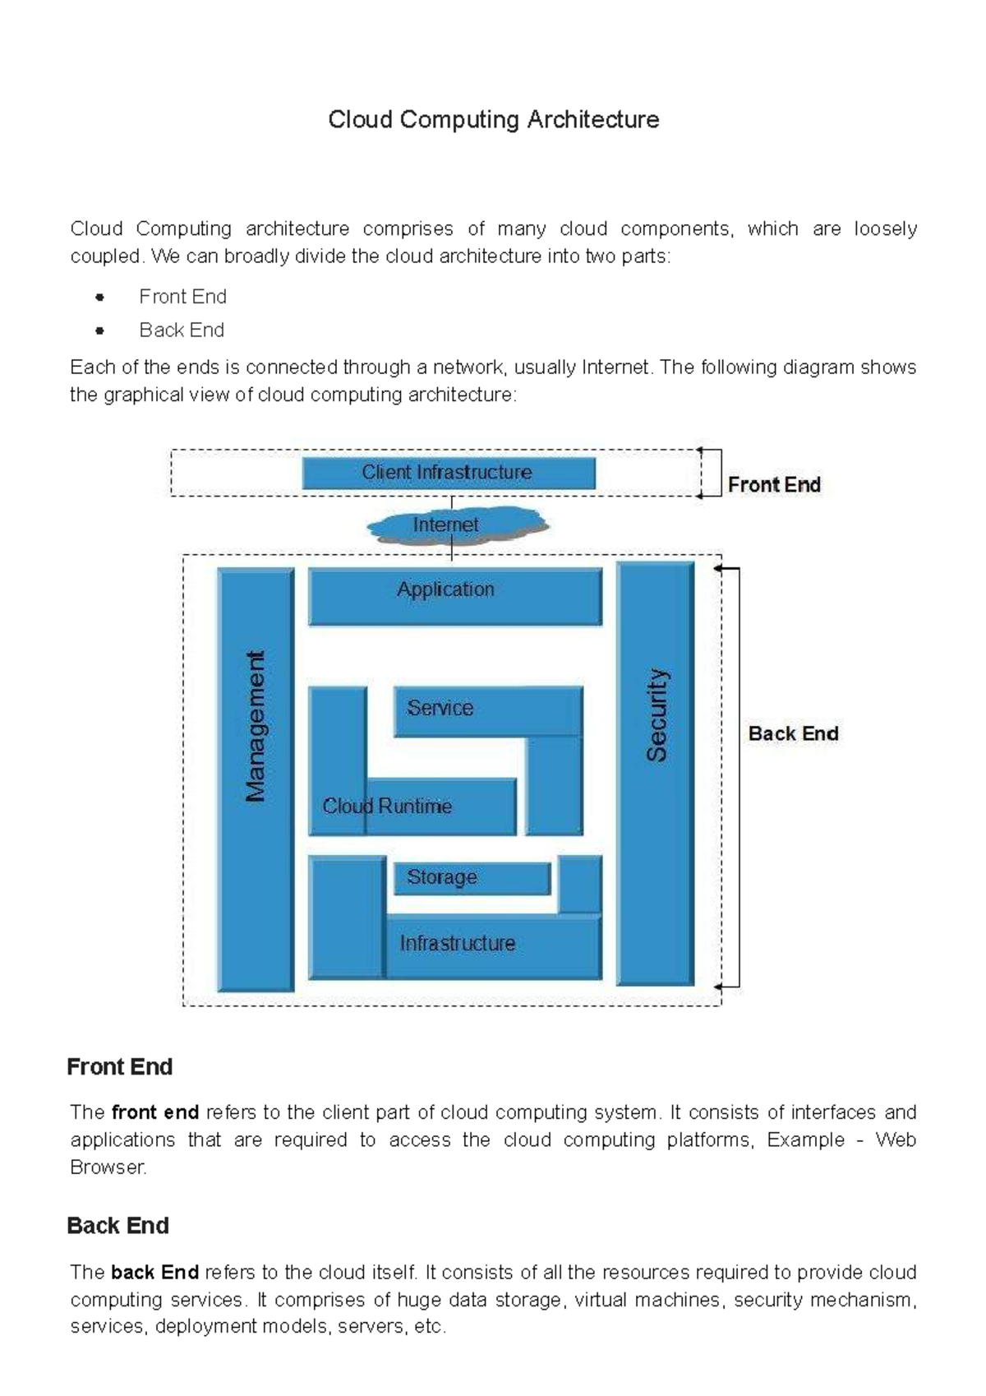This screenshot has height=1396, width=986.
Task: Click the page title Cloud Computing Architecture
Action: point(493,120)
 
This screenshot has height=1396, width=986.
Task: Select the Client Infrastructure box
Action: point(448,473)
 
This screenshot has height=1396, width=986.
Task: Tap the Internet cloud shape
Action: point(456,525)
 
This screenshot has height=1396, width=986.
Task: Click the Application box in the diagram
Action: point(454,596)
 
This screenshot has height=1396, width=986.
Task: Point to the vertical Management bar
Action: point(256,779)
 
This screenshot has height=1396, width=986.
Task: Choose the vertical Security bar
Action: point(656,773)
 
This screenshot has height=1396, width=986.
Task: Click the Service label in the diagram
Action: point(440,708)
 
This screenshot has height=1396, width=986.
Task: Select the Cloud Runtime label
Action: point(387,807)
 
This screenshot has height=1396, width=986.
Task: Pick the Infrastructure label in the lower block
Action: point(458,944)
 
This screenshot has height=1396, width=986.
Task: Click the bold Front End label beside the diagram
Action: point(774,485)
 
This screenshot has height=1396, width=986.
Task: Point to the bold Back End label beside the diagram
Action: point(793,733)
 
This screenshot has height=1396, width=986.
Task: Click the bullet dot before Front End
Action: point(100,298)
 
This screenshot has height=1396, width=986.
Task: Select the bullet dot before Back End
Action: point(100,331)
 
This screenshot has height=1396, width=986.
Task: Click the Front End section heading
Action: point(119,1067)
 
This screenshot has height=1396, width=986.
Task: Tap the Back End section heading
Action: point(117,1226)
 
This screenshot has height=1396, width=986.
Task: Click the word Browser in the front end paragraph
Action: point(108,1167)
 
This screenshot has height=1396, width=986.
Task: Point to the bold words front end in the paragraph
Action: point(155,1113)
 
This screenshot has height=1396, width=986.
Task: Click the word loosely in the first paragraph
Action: point(885,229)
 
